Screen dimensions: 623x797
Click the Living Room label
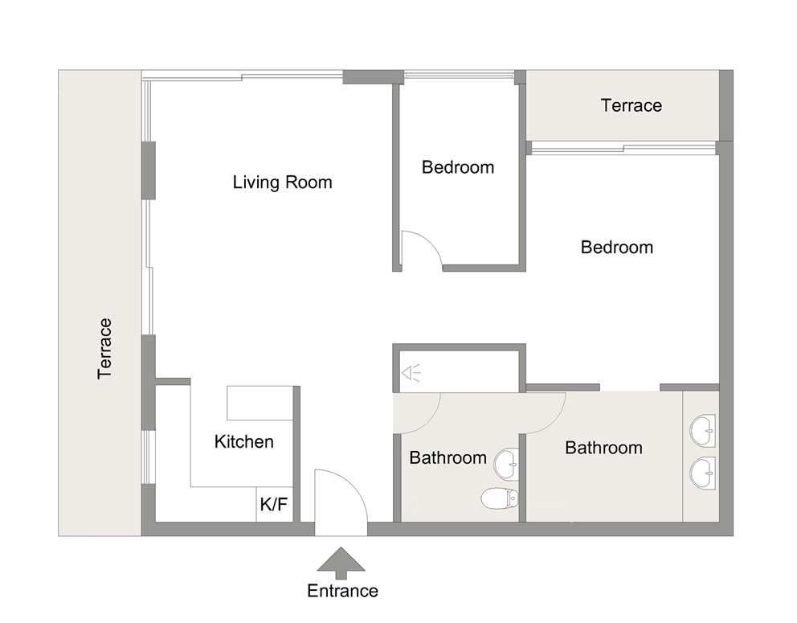pyautogui.click(x=282, y=182)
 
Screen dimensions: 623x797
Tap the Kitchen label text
pyautogui.click(x=243, y=441)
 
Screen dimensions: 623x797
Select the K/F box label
pyautogui.click(x=273, y=506)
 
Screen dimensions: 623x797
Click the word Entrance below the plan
pyautogui.click(x=342, y=591)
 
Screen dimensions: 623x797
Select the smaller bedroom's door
pyautogui.click(x=420, y=249)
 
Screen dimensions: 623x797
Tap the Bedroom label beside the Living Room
pyautogui.click(x=457, y=167)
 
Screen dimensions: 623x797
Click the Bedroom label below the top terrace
pyautogui.click(x=616, y=247)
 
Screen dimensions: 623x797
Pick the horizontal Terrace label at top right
pyautogui.click(x=631, y=105)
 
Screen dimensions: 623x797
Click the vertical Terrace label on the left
pyautogui.click(x=104, y=349)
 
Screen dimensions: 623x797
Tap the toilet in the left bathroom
pyautogui.click(x=500, y=499)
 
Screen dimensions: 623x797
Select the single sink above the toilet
pyautogui.click(x=507, y=463)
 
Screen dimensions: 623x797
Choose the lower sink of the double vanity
pyautogui.click(x=703, y=473)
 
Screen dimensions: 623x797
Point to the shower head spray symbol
pyautogui.click(x=411, y=372)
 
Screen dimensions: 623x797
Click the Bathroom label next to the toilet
pyautogui.click(x=448, y=457)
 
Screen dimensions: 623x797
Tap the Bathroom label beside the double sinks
pyautogui.click(x=603, y=448)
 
